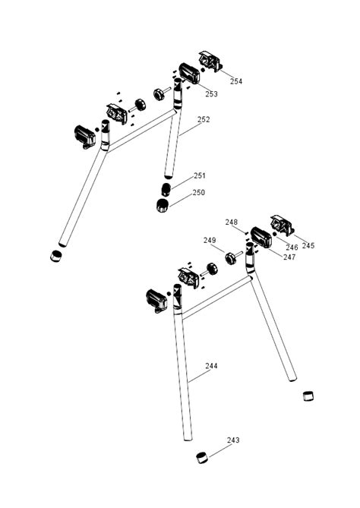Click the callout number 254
click(236, 80)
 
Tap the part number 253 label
click(211, 94)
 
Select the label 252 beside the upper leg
click(204, 119)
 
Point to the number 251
click(199, 175)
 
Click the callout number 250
click(198, 193)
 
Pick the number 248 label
click(232, 222)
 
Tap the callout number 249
click(210, 241)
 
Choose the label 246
click(292, 248)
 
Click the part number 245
click(308, 245)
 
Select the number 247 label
click(268, 257)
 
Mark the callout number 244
click(211, 366)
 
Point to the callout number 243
click(233, 440)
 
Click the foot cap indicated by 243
click(202, 456)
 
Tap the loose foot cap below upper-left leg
click(55, 256)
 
